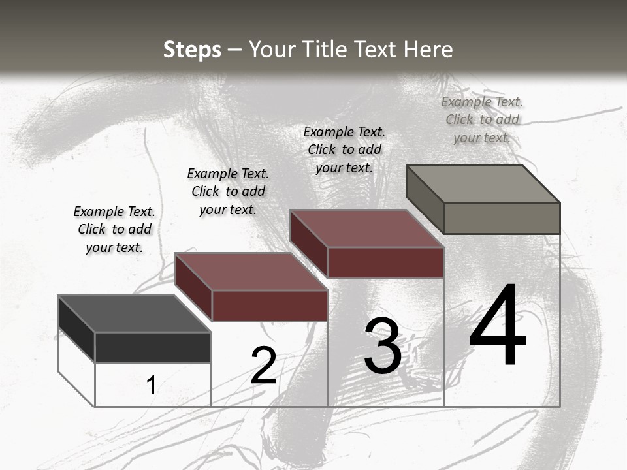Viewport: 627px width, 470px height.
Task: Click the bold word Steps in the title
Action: pos(192,50)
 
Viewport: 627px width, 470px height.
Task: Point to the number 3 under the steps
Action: pos(383,346)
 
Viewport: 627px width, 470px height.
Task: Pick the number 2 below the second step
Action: pos(263,366)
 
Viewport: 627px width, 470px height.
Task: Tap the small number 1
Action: pos(151,385)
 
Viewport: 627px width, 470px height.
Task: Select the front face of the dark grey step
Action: pos(153,347)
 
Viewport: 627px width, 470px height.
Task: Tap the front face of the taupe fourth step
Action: pos(502,218)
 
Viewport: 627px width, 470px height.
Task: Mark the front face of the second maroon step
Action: pos(270,305)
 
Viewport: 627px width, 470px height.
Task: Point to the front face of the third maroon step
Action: pos(385,262)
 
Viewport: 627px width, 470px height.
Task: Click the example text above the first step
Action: pos(114,229)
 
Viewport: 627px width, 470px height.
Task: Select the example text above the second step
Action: pos(228,191)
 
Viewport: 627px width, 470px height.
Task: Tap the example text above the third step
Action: pos(344,149)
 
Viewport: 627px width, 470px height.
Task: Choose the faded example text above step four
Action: pos(482,119)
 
